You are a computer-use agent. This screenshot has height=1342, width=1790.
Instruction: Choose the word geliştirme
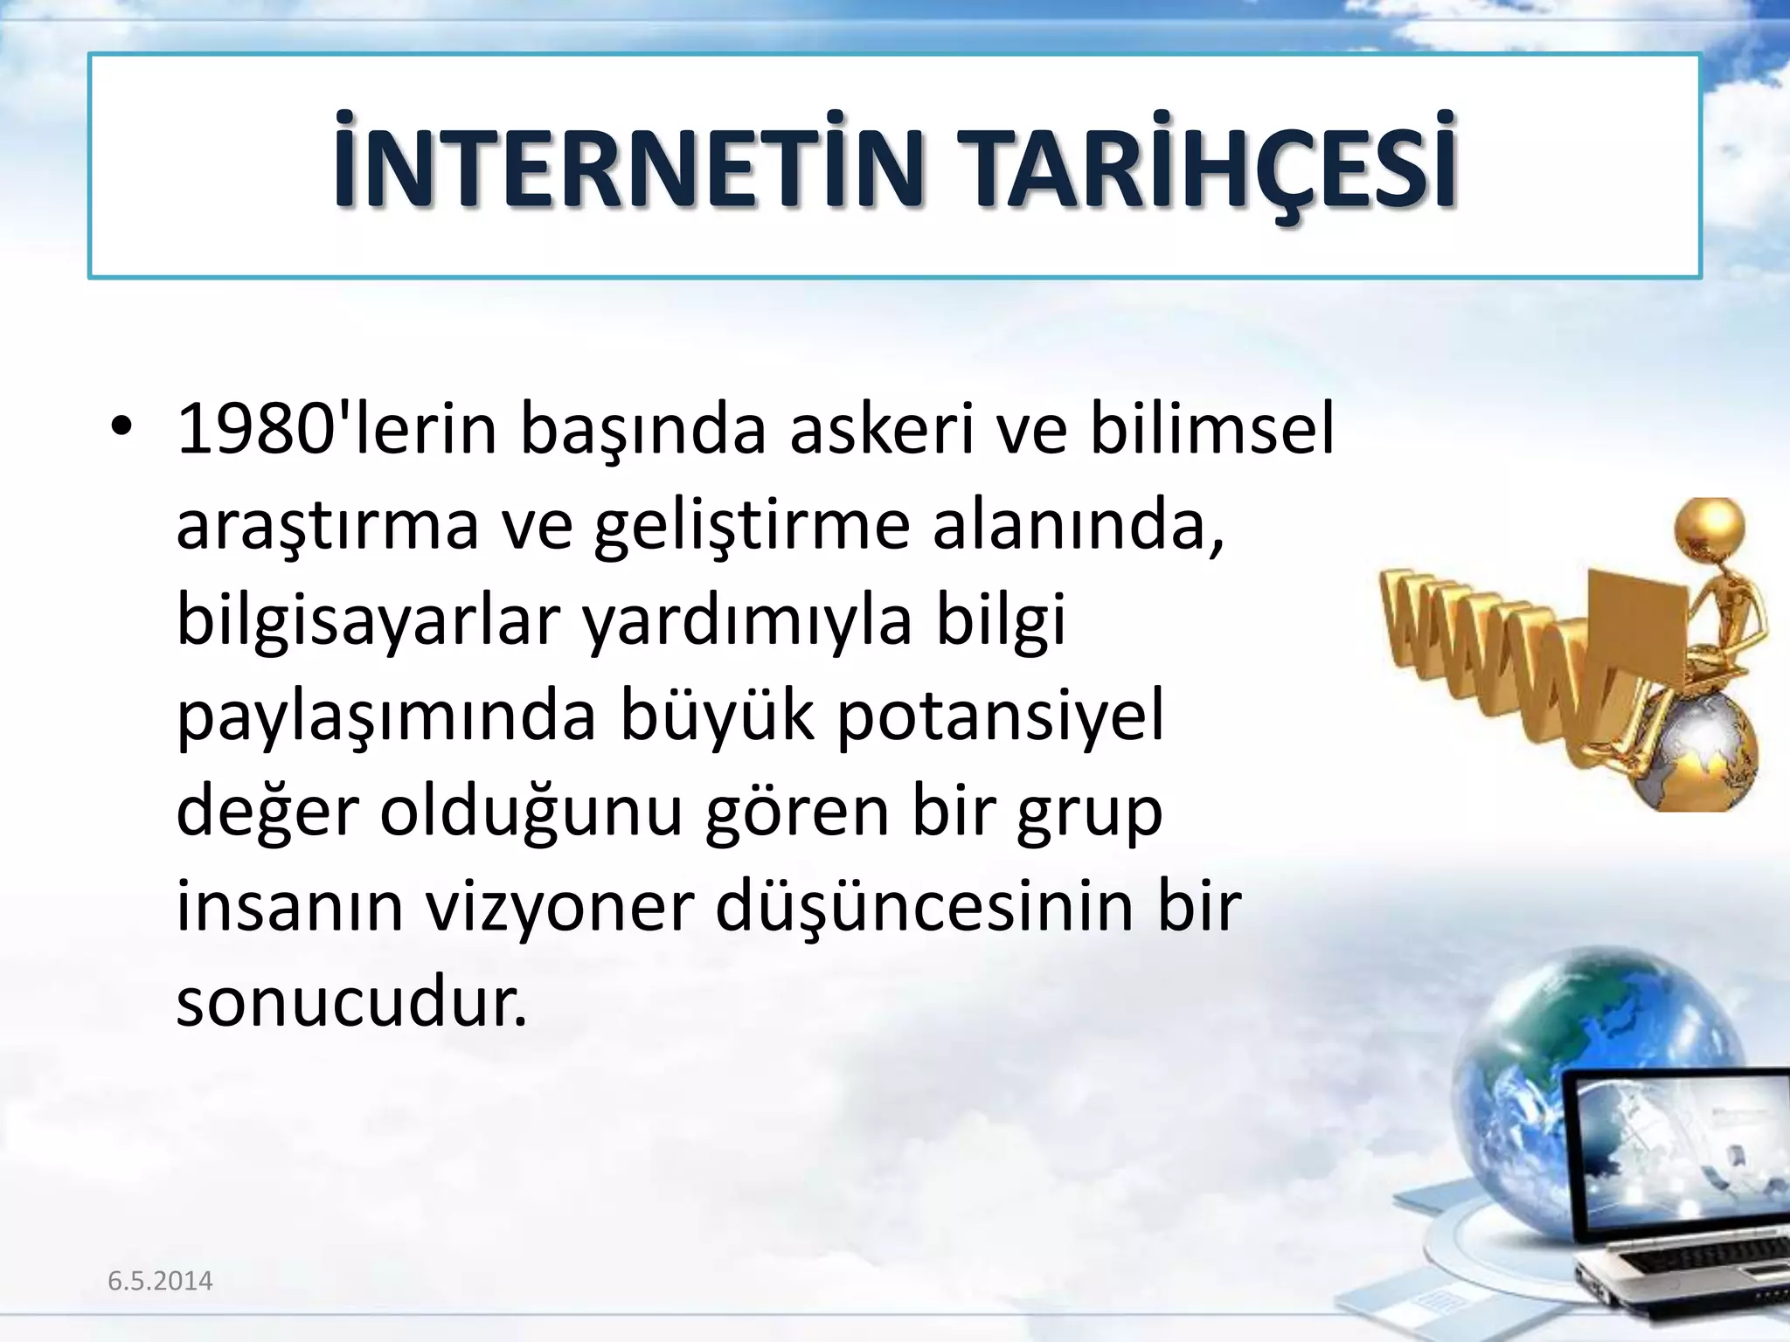(752, 529)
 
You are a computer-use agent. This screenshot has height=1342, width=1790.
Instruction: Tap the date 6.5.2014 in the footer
(160, 1281)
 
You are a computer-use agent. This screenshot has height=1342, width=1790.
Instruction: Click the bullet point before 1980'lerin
(121, 430)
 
